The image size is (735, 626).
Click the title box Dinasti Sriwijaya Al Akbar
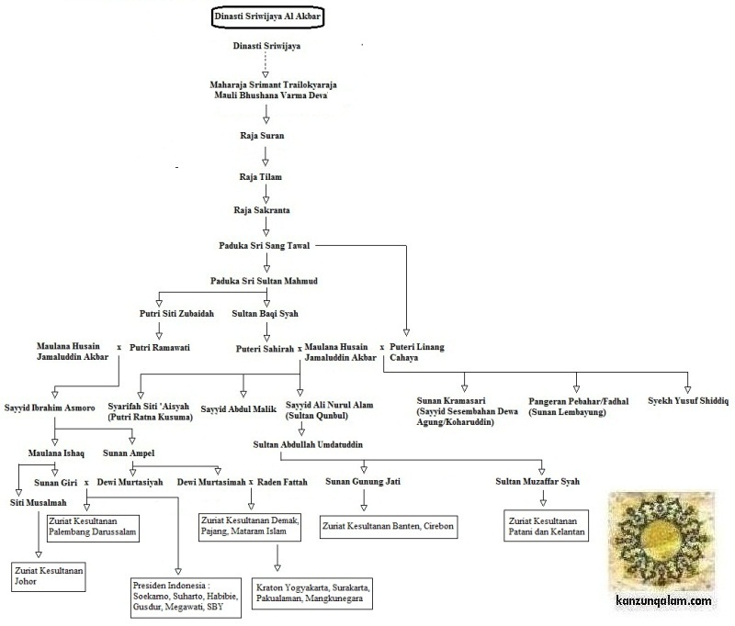point(265,17)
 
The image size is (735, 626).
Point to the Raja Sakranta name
point(262,210)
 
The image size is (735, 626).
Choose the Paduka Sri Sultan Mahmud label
point(265,280)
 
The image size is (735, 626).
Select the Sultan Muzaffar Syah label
point(544,480)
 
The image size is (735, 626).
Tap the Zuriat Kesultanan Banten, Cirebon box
point(388,527)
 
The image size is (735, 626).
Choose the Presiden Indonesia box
point(184,595)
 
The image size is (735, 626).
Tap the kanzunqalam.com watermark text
point(662,601)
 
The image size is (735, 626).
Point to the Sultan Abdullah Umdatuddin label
point(309,444)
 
